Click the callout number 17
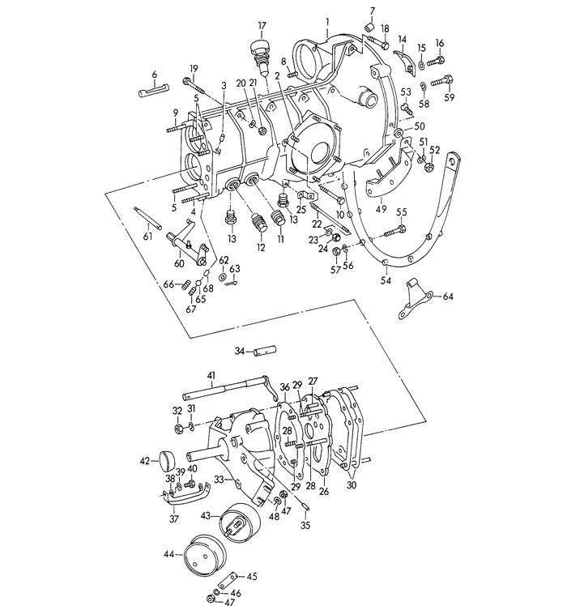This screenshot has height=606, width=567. pos(262,26)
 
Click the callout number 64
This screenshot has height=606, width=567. pos(448,297)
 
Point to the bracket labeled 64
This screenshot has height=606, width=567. pos(415,301)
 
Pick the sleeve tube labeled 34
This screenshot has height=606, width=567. pos(265,351)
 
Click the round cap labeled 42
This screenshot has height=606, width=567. pos(168,461)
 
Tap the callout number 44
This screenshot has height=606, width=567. pos(169,554)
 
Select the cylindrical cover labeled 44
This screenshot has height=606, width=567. pos(204,555)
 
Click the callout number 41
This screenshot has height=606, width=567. pos(211,375)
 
